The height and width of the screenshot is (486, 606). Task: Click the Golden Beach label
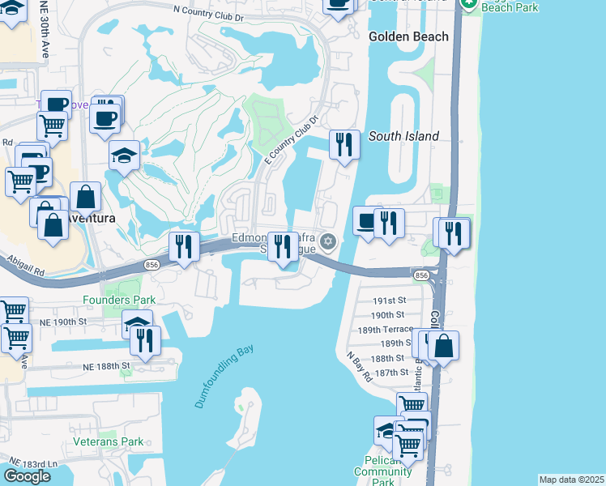(408, 36)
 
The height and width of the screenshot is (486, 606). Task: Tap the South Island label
(403, 137)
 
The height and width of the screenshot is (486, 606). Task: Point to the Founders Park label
(118, 300)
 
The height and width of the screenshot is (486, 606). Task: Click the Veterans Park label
(108, 441)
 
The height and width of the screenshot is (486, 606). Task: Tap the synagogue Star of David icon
(328, 241)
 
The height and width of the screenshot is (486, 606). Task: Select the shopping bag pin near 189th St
(444, 345)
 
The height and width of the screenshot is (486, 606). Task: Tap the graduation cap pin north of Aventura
(125, 156)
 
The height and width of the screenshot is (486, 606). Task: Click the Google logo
(27, 476)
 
